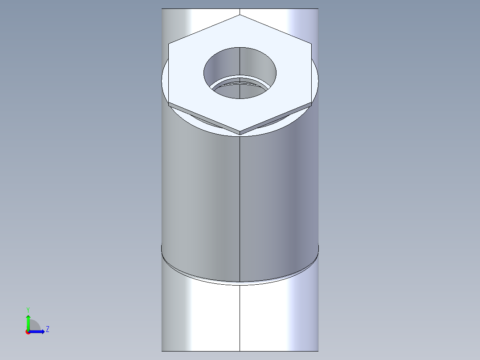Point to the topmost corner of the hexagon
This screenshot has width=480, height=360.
[x=240, y=15]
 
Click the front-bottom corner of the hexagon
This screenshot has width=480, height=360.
[x=240, y=132]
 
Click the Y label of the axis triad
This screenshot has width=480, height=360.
[x=28, y=309]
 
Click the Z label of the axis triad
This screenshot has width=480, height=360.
[x=47, y=329]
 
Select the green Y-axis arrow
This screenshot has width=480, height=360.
[x=28, y=321]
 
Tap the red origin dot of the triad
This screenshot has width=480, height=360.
[x=28, y=332]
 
